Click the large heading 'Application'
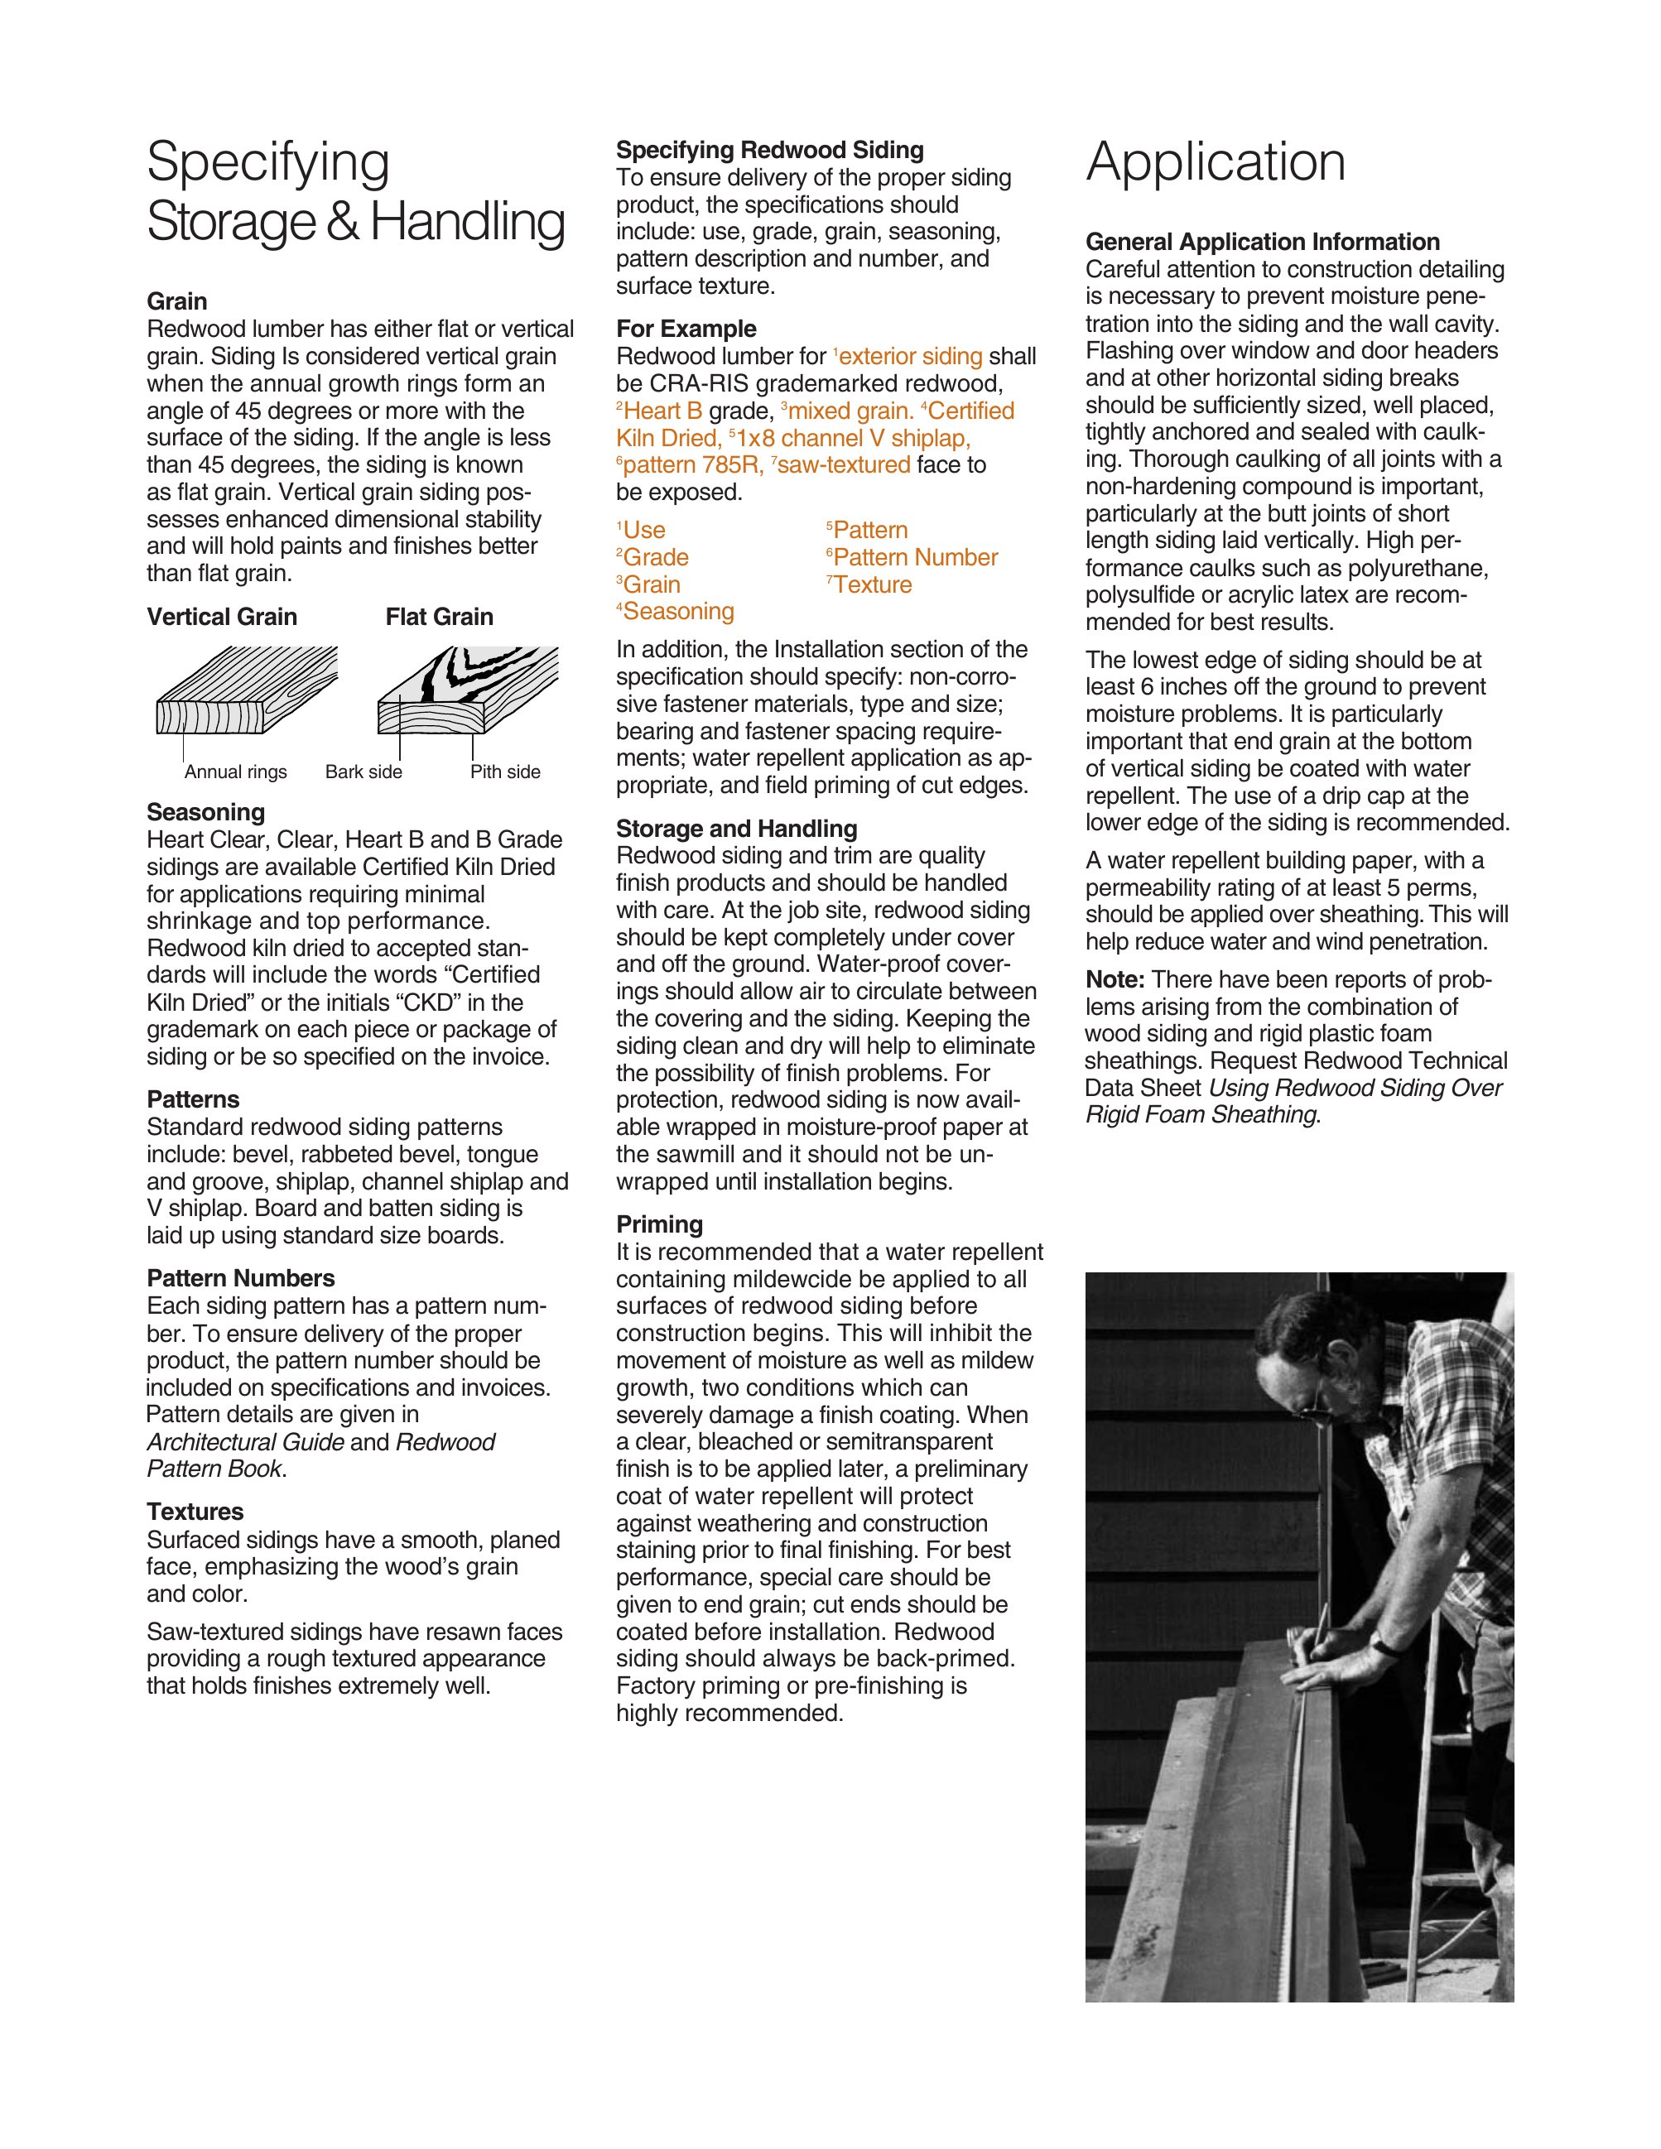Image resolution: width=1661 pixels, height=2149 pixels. (x=1216, y=162)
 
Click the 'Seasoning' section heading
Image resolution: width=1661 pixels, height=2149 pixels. (x=205, y=812)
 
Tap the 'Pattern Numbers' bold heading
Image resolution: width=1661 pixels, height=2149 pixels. (x=240, y=1278)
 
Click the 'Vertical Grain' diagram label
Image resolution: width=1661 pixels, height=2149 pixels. (x=221, y=617)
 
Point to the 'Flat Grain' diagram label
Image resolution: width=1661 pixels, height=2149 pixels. (x=439, y=617)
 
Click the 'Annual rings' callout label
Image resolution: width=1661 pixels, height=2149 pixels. (x=235, y=772)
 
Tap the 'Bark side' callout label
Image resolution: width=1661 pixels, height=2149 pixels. (x=363, y=772)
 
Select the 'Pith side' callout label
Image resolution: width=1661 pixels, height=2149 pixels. (x=505, y=772)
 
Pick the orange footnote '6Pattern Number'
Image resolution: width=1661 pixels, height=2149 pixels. (x=912, y=558)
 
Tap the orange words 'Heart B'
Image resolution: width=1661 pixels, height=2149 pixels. (x=662, y=411)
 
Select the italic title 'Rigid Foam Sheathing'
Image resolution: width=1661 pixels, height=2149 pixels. (x=1201, y=1115)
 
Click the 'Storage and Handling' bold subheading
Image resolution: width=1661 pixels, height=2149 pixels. (x=736, y=829)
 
